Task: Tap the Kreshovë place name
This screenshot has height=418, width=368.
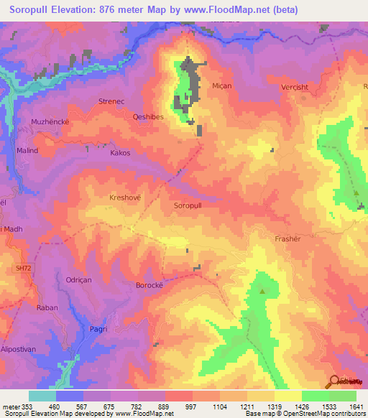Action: pyautogui.click(x=126, y=197)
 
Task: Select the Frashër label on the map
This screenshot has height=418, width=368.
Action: pyautogui.click(x=287, y=238)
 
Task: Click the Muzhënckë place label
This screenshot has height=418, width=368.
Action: pyautogui.click(x=50, y=122)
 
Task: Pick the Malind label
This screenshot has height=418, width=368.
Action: pyautogui.click(x=27, y=151)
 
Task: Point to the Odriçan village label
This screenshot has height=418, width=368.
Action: pyautogui.click(x=80, y=281)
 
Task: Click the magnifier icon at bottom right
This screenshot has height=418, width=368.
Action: pyautogui.click(x=336, y=381)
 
